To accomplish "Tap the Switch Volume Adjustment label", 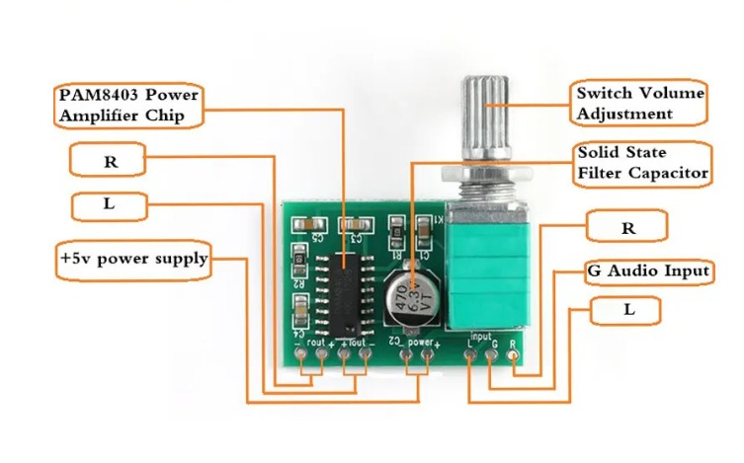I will click(x=639, y=103).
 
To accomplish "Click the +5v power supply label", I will click(x=134, y=260).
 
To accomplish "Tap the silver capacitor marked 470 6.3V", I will click(x=410, y=293).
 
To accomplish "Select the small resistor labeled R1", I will click(x=396, y=234).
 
